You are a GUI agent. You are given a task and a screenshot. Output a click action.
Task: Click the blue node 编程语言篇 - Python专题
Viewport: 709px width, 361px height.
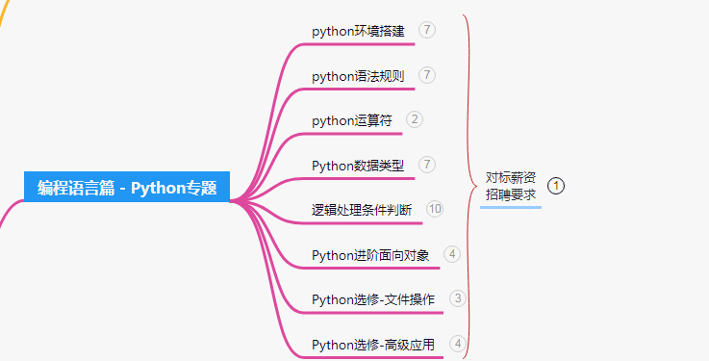(127, 187)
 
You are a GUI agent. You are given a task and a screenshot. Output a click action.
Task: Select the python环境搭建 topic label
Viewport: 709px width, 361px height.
(358, 31)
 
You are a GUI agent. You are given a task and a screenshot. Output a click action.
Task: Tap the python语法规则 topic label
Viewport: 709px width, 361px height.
(358, 76)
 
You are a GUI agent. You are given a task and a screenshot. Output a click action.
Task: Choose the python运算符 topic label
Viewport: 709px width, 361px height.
(352, 120)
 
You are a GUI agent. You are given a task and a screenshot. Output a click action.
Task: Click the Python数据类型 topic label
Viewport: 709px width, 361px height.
(358, 166)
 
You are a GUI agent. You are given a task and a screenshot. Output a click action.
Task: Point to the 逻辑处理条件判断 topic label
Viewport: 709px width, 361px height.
(362, 210)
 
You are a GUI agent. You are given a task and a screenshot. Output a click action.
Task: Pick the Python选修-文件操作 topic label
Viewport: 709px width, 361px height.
(373, 299)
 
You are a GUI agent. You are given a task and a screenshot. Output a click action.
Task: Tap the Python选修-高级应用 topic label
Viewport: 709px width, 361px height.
(373, 344)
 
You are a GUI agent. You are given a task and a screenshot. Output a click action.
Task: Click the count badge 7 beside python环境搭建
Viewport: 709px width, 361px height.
(427, 30)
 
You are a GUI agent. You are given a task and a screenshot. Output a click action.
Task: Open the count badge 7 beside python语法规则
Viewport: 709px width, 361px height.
(427, 75)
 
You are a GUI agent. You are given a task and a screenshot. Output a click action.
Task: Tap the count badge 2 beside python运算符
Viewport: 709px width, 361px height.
(415, 119)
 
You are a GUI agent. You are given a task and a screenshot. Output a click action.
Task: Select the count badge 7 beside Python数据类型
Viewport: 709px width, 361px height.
(427, 165)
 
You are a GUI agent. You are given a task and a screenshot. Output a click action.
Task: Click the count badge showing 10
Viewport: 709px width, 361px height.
(435, 209)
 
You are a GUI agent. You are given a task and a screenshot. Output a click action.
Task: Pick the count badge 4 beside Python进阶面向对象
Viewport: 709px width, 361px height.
(452, 254)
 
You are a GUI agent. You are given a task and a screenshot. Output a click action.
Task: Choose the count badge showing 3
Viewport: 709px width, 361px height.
(458, 298)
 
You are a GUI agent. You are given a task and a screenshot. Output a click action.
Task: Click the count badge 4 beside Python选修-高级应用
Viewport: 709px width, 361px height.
(458, 343)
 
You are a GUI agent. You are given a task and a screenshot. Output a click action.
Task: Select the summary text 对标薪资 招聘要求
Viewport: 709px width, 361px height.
(511, 185)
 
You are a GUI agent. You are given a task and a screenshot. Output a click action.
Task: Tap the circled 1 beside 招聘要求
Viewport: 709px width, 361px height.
(556, 185)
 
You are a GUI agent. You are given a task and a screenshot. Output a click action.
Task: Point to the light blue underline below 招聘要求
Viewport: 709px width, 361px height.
(511, 206)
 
